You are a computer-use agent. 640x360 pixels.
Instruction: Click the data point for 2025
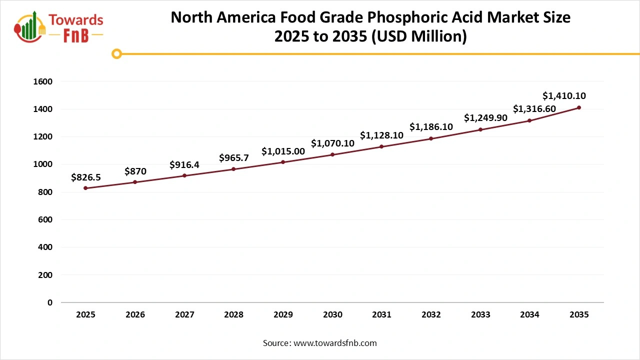pos(85,188)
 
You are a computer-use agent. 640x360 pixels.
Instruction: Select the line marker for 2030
pos(332,154)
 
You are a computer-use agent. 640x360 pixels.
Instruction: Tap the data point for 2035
pos(579,107)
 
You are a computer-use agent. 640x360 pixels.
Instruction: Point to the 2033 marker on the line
pos(480,129)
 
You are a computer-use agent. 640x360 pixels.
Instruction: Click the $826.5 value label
pos(86,177)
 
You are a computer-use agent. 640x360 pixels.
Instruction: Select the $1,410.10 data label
pos(564,96)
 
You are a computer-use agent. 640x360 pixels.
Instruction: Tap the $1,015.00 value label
pos(283,151)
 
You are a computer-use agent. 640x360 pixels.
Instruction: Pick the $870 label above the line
pos(135,171)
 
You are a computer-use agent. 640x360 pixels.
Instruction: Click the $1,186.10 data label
pos(431,127)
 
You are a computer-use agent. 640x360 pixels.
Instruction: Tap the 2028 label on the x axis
pos(233,315)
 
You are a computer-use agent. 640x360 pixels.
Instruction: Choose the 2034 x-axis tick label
pos(529,315)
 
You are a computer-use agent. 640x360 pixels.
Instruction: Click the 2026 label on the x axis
pos(135,315)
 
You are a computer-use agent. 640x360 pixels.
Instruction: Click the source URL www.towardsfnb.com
pos(334,343)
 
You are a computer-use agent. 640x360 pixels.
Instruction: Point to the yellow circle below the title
pos(116,54)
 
